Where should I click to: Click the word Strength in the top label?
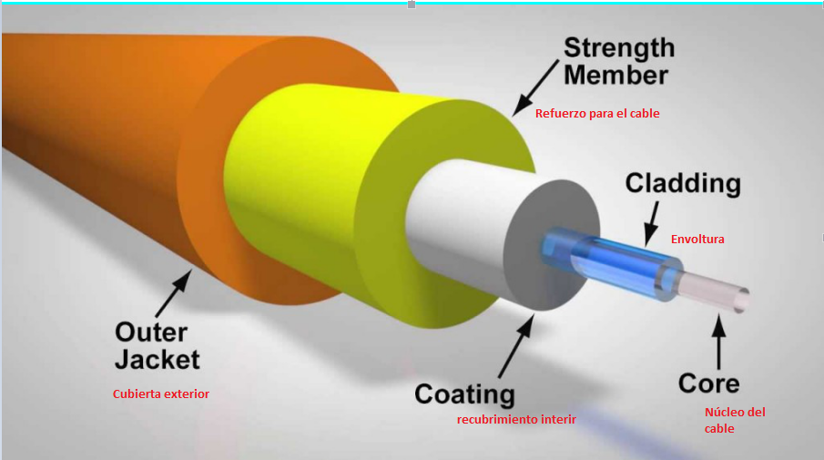tap(619, 47)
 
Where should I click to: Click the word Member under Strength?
tap(616, 75)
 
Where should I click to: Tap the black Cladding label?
tap(683, 183)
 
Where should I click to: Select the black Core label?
tap(708, 383)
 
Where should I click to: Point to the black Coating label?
tap(464, 394)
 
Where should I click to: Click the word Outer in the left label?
tap(151, 332)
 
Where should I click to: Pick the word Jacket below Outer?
tap(158, 359)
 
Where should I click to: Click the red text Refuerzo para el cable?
tap(597, 114)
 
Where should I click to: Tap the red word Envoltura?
tap(697, 240)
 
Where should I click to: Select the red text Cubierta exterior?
tap(161, 394)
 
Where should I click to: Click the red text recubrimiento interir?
tap(516, 419)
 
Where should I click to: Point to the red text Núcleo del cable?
tap(734, 420)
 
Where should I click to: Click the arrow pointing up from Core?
tap(719, 337)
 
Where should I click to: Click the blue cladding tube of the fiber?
tap(610, 264)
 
